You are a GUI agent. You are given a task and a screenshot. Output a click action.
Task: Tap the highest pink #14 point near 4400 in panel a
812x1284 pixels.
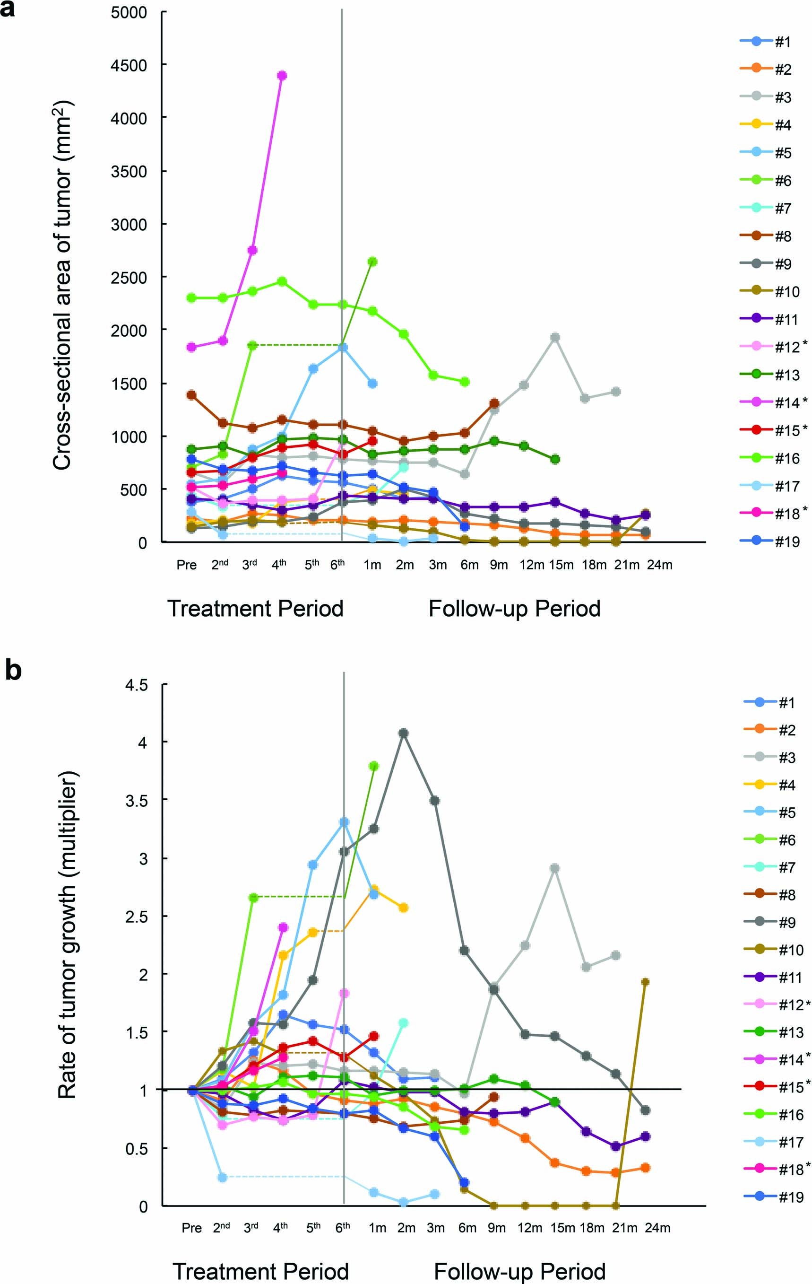[x=282, y=75]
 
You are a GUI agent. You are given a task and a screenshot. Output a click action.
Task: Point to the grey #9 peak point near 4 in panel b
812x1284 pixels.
[x=403, y=733]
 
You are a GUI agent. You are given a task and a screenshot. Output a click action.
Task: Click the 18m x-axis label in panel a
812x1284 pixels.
[x=594, y=565]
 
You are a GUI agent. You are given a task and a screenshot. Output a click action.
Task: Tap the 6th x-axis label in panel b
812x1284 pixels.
[x=343, y=1227]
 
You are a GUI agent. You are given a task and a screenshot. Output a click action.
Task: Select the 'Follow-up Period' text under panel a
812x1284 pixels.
[x=514, y=608]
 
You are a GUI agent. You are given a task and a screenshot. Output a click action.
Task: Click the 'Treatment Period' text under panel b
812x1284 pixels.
[x=260, y=1271]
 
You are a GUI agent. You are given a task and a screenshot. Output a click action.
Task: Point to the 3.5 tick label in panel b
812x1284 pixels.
[x=137, y=800]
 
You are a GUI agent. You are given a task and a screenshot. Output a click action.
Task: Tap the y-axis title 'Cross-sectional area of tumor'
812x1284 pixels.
[x=63, y=286]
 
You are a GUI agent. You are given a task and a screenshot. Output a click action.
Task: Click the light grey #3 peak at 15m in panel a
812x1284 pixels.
[x=555, y=337]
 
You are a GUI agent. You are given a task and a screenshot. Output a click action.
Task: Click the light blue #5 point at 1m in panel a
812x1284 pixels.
[x=372, y=384]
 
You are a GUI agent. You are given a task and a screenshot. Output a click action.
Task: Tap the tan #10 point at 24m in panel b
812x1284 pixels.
[x=645, y=982]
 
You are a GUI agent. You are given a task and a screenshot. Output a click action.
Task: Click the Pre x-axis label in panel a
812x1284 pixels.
[x=187, y=565]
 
